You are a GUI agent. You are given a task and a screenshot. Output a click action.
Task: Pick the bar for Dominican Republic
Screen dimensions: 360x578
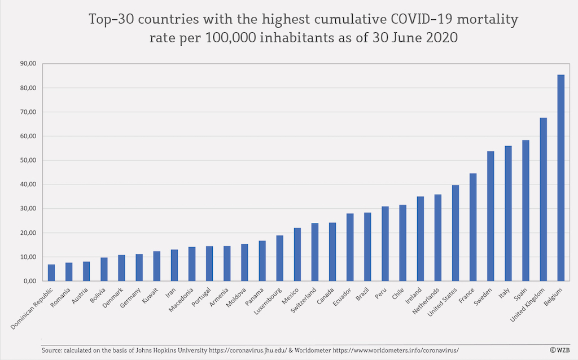coord(51,273)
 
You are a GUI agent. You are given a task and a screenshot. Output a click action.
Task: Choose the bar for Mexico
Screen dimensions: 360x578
coord(297,254)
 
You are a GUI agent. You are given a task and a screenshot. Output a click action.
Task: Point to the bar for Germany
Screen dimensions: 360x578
coord(139,267)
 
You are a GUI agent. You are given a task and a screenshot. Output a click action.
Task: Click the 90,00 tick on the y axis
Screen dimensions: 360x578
coord(28,64)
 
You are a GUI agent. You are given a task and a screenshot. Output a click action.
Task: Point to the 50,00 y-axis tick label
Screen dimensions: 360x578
coord(28,160)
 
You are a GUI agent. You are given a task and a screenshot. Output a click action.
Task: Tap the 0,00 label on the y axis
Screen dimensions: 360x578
coord(29,281)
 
